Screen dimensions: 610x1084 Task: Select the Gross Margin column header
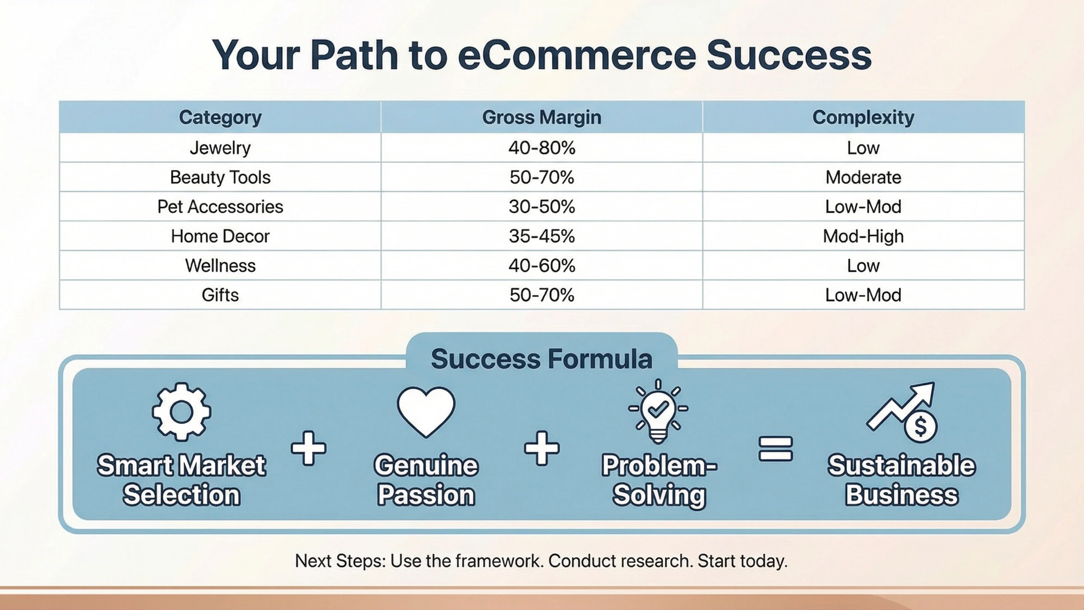541,117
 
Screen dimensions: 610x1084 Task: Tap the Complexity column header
863,117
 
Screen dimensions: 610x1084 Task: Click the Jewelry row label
220,148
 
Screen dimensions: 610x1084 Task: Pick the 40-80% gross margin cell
541,148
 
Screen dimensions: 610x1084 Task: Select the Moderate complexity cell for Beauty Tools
863,177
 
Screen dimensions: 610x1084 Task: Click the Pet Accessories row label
220,207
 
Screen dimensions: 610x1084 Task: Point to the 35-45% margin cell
541,236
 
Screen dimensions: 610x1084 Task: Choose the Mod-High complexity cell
863,236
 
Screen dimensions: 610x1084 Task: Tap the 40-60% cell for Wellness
541,266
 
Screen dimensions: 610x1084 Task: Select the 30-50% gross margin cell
541,207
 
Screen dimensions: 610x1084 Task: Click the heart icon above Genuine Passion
426,410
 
